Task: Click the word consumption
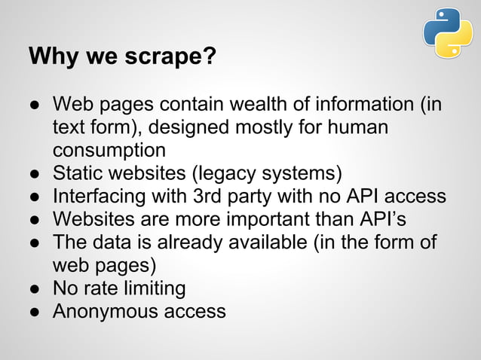109,149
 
